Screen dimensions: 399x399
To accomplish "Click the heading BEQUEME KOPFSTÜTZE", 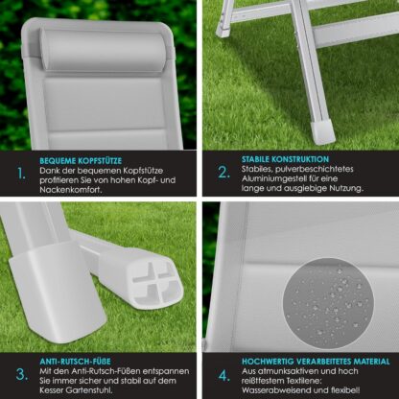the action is (81, 160).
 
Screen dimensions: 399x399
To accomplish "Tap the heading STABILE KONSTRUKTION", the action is (285, 159).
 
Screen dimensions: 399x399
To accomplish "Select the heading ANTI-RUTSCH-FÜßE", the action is (75, 362).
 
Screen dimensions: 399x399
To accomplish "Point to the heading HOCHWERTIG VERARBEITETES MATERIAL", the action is (316, 362).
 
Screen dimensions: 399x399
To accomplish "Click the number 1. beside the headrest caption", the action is (21, 174).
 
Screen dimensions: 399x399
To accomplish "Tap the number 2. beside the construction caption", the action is (223, 173).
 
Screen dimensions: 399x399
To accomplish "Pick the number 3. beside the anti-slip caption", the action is (22, 374).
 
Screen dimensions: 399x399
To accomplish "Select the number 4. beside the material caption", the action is (224, 376).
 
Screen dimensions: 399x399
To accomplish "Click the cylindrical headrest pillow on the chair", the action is (104, 48).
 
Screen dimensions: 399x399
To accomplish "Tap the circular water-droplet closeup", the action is (328, 303).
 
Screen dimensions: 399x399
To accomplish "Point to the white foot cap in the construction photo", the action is (322, 131).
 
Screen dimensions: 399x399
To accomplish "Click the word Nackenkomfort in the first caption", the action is (71, 190).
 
